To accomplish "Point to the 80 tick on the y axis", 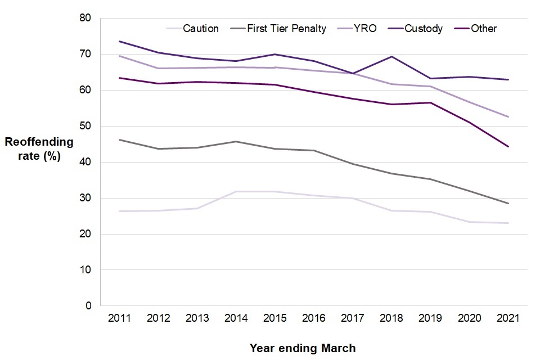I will click(85, 18).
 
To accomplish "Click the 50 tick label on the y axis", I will click(85, 126).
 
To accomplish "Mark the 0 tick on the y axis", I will click(88, 306).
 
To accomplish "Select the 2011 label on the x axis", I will click(119, 318).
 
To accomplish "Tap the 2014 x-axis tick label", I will click(236, 318).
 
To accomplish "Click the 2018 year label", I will click(392, 318).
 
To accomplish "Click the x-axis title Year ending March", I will click(303, 348).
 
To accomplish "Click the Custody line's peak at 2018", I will click(392, 56).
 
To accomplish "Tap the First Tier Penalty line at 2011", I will click(119, 139).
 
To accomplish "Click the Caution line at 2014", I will click(236, 191).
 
